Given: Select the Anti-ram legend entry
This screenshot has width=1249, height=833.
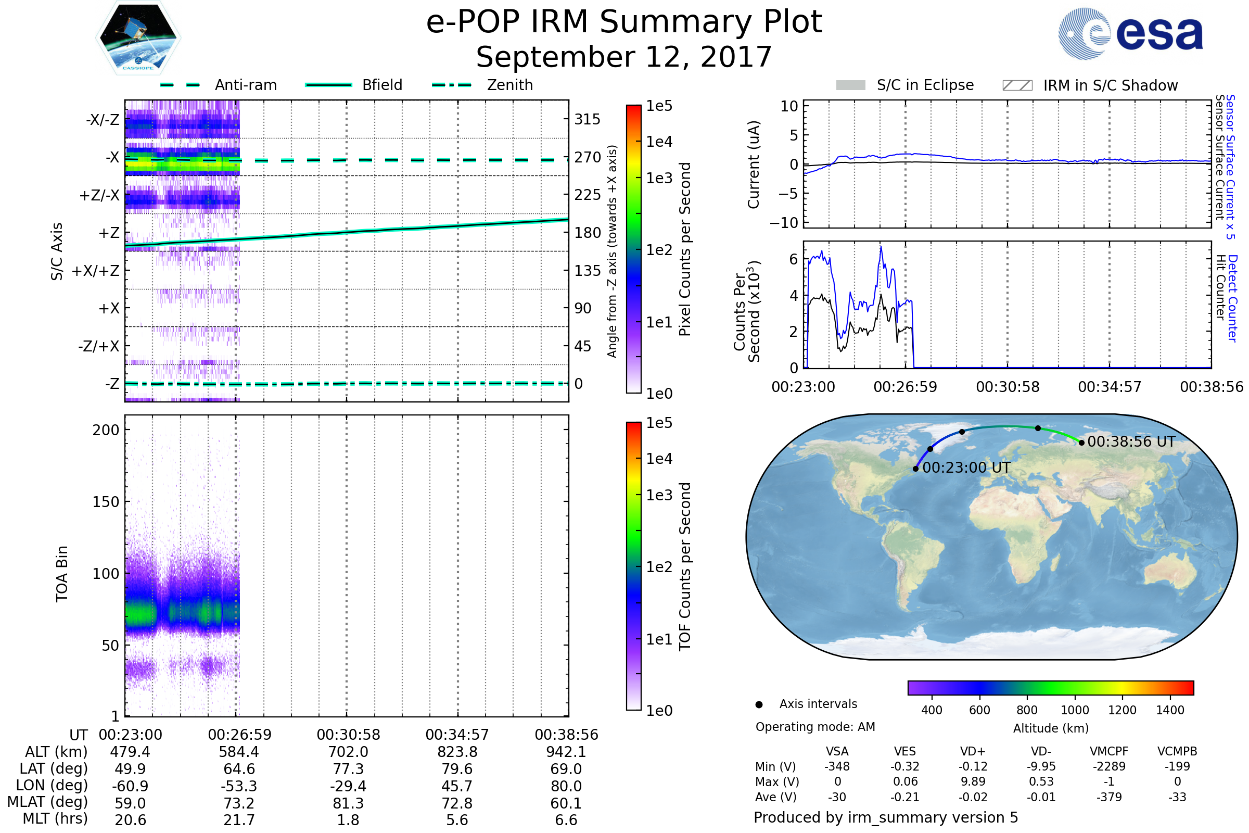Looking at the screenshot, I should point(245,85).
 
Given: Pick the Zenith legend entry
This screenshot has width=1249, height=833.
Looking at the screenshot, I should point(509,85).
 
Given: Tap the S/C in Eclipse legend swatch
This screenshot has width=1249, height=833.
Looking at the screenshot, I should point(850,85).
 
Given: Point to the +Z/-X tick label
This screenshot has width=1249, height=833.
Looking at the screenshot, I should point(99,196).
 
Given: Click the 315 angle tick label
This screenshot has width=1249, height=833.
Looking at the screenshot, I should point(587,120).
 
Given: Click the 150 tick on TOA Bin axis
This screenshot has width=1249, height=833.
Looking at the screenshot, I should point(106,502).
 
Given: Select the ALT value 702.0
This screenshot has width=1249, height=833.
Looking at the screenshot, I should point(348,752).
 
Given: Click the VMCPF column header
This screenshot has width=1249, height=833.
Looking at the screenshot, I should point(1109,752).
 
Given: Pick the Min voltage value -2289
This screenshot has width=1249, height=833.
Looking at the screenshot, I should point(1109,766).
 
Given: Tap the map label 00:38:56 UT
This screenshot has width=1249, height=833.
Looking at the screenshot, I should point(1131,442).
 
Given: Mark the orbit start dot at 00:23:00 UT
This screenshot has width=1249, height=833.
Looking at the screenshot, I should point(915,469).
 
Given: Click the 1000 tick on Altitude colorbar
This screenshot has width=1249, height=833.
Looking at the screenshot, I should point(1075,710).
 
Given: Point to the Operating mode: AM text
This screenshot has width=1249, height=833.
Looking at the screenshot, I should point(815,727).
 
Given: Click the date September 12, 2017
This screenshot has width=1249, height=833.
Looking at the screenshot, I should point(624,57).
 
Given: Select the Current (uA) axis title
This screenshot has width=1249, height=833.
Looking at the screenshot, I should point(754,165).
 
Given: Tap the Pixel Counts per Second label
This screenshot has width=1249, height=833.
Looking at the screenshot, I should point(685,249).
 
